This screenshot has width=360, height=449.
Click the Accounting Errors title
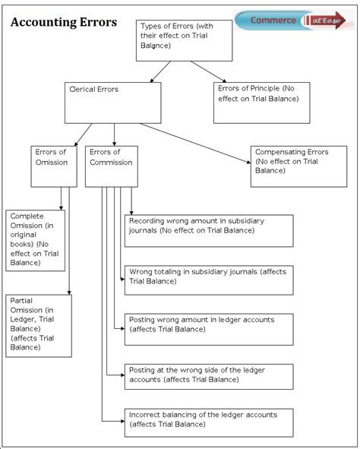coord(64,22)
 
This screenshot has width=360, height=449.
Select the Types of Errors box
coord(185,40)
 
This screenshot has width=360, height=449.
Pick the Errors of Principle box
coord(263,102)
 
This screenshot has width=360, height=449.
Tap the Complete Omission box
coord(36,240)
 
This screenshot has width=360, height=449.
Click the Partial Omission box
coord(39,325)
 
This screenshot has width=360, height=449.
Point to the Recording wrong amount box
coord(208,230)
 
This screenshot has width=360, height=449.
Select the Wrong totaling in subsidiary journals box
coord(208,280)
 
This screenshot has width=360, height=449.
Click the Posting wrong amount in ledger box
coord(208,328)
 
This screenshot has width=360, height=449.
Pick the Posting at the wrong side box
coord(208,377)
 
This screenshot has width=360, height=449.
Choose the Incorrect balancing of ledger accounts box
coord(208,422)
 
